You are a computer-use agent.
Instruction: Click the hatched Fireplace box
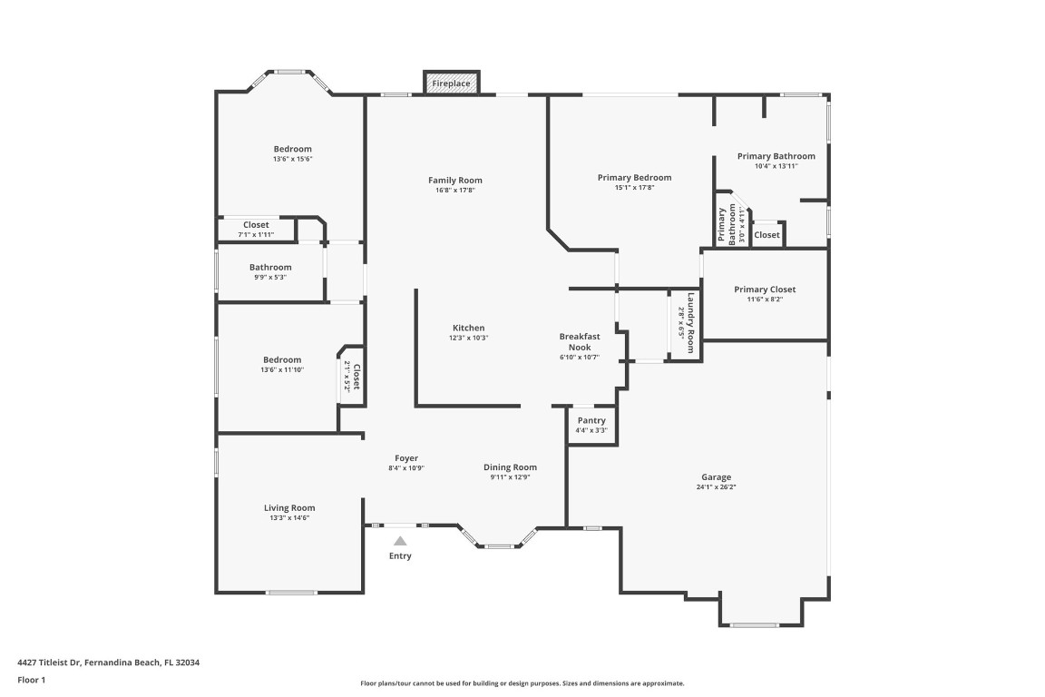pos(452,83)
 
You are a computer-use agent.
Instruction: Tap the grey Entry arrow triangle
pos(400,541)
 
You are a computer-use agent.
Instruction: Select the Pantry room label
pos(591,420)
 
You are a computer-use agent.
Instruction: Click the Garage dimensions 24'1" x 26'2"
pos(716,486)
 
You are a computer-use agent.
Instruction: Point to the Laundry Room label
pos(690,323)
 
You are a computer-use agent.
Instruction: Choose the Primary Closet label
pos(765,290)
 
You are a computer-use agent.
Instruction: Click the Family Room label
pos(455,180)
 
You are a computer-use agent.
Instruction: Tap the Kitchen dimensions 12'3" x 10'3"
pos(468,338)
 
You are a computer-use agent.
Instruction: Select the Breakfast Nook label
pos(579,341)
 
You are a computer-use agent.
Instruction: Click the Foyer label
pos(406,458)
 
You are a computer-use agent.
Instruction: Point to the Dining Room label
pos(510,466)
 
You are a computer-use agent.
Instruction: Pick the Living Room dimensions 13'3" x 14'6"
pos(289,517)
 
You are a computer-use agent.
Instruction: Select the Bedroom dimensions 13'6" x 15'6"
pos(293,159)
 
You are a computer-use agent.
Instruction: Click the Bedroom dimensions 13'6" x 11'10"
pos(282,369)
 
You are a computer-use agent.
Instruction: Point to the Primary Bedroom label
pos(634,177)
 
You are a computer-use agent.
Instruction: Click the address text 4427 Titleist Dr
pos(49,663)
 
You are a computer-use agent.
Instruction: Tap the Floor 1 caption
pos(32,681)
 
